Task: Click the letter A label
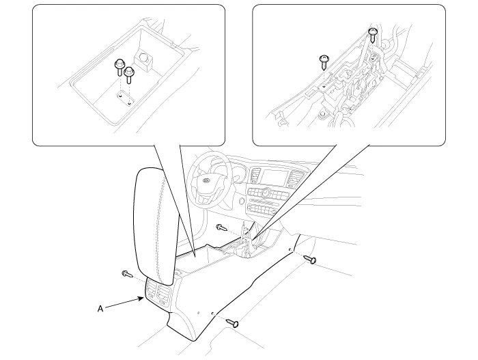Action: pos(100,309)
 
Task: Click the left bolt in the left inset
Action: pos(119,68)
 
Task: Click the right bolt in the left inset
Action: pos(129,74)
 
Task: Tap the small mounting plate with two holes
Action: pos(126,99)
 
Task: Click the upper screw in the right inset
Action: pos(372,35)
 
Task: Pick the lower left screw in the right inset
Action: pos(324,62)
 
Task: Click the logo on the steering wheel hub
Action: pos(207,180)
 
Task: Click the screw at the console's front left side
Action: pos(221,227)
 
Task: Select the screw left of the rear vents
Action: pos(127,274)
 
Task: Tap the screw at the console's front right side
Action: pos(310,260)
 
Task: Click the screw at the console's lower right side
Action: pos(232,322)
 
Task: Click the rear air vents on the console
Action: pos(158,293)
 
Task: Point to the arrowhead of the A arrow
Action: pos(142,299)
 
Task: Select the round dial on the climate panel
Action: pos(266,193)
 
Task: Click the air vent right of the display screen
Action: pos(294,178)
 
